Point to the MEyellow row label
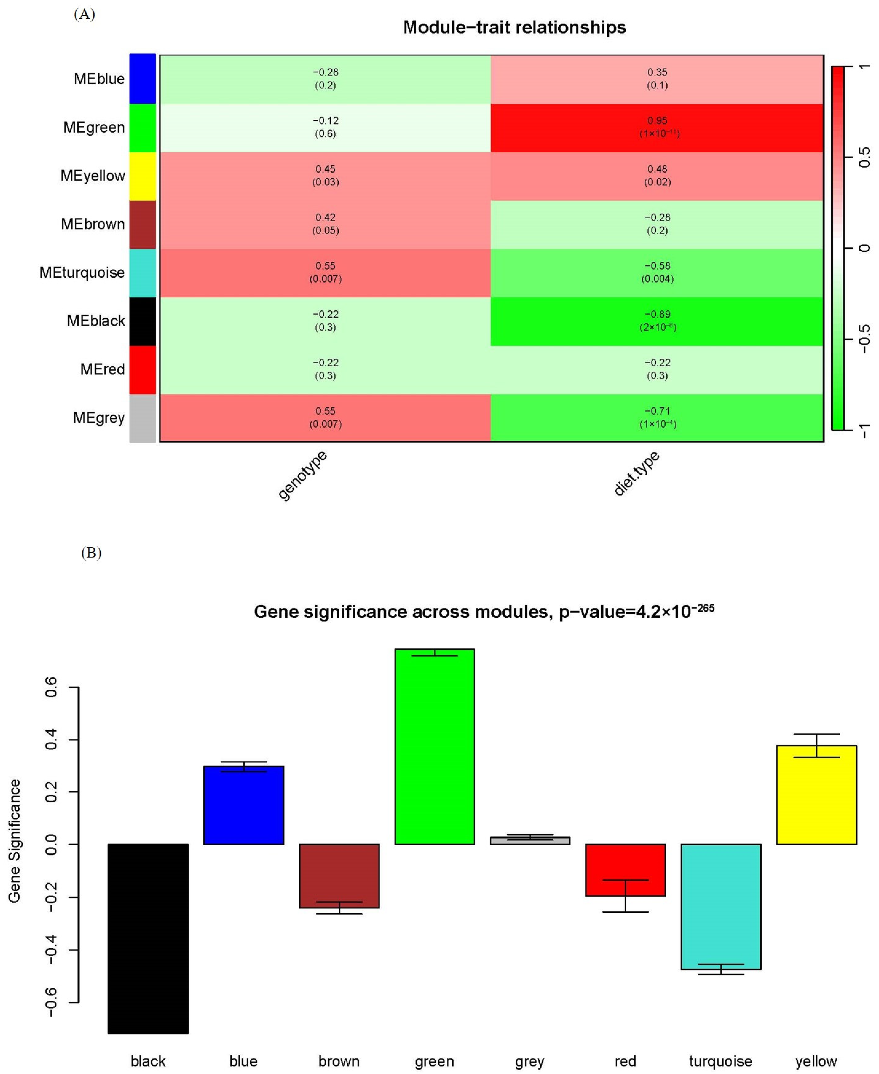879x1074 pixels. click(x=93, y=176)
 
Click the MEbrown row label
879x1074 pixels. click(x=93, y=224)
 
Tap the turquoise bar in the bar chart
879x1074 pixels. click(x=720, y=907)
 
